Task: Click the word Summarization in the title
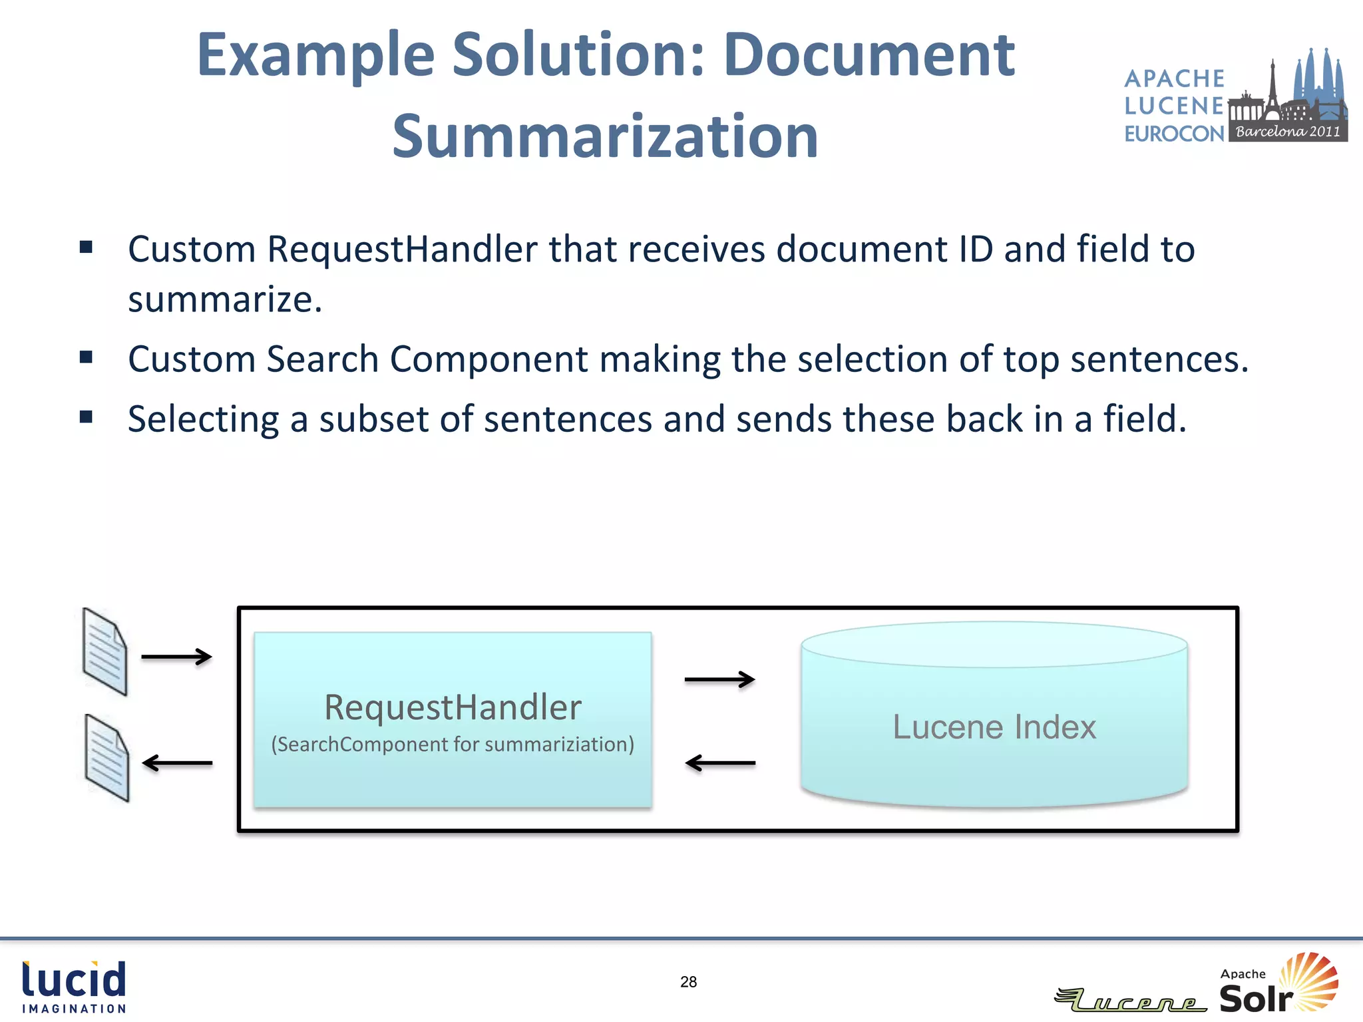605,136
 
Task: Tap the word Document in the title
869,55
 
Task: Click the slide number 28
688,982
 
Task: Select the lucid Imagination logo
74,987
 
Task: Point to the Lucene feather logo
1130,1000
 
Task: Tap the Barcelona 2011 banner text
1288,131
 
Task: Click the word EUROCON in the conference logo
1174,134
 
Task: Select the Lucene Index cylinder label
994,727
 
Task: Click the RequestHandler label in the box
453,707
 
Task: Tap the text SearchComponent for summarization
453,744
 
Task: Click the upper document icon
104,652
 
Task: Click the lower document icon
106,758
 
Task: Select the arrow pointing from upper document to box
176,657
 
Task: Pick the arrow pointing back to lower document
177,763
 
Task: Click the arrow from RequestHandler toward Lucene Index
719,679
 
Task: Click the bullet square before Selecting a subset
86,417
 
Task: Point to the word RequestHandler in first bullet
402,250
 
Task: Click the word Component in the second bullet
488,359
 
